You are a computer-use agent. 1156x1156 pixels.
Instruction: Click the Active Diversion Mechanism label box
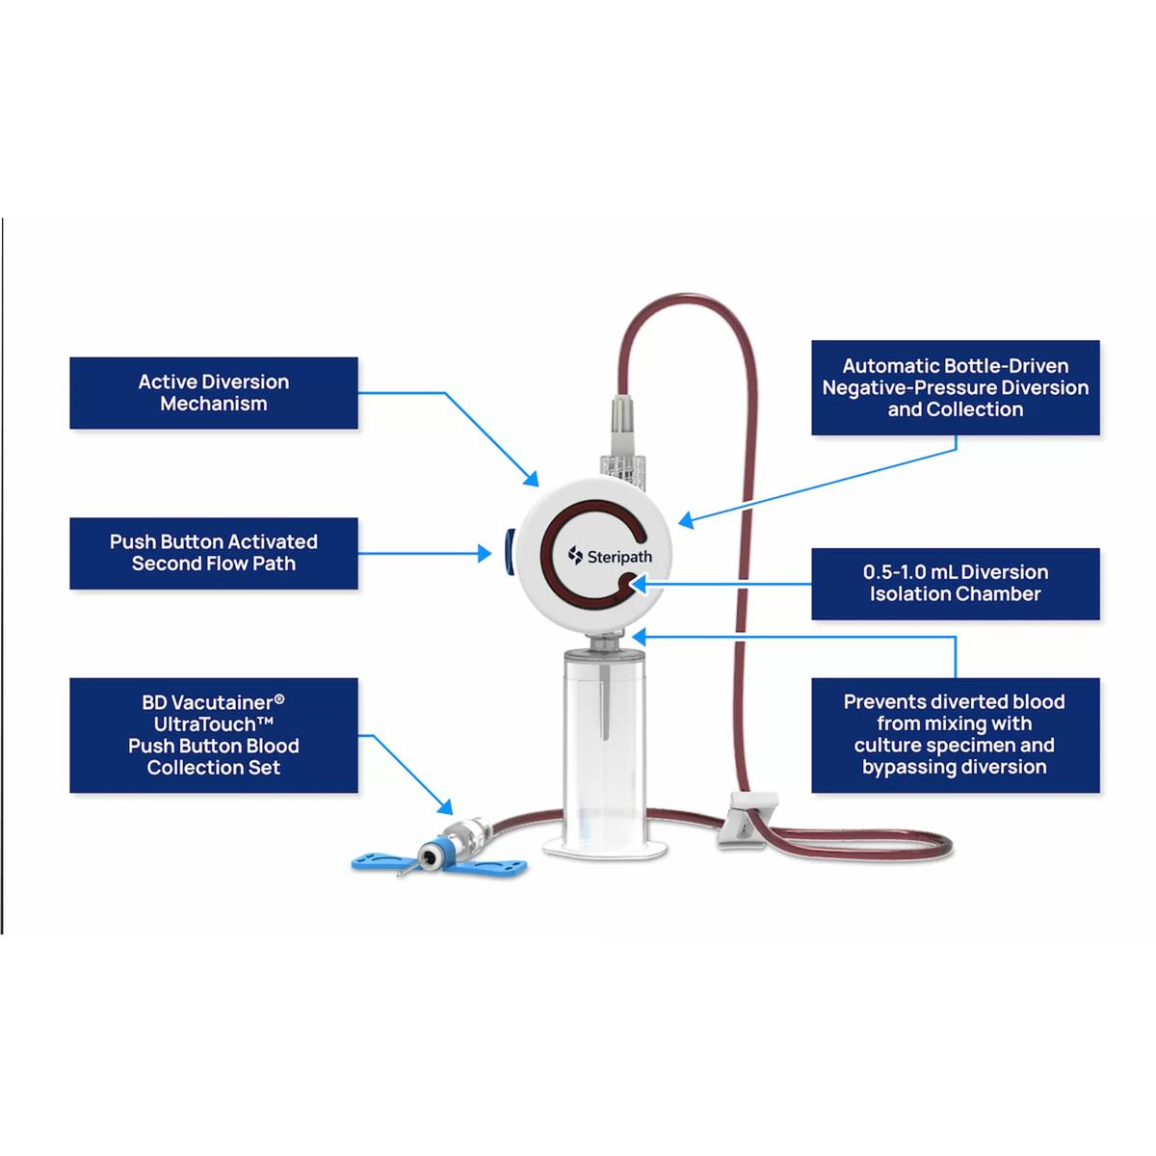pos(213,393)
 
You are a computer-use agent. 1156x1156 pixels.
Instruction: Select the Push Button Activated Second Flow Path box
pos(213,553)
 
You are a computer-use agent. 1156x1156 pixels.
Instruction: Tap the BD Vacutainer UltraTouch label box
pos(213,735)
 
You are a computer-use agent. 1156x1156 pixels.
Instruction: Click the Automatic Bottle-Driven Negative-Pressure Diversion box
pos(955,387)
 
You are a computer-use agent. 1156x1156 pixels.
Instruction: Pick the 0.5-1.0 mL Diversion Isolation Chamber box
pos(955,583)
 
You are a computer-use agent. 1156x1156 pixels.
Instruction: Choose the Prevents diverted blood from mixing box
pos(955,735)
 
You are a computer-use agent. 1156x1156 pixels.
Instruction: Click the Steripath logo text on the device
pos(604,555)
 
